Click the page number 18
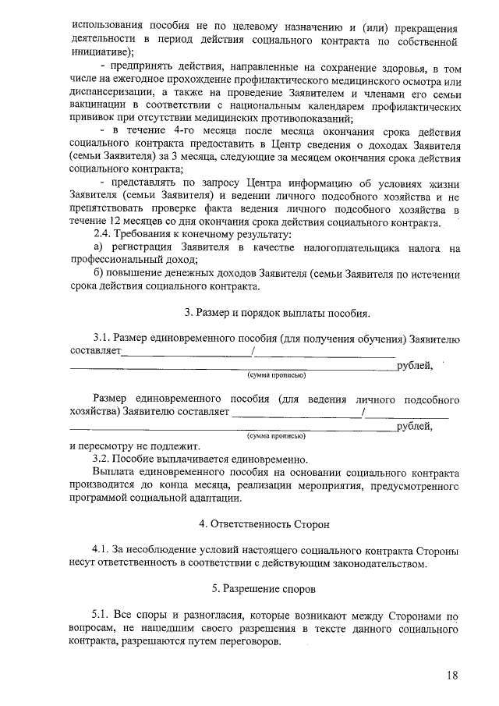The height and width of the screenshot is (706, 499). pyautogui.click(x=452, y=676)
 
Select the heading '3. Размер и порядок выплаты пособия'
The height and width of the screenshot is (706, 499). pyautogui.click(x=277, y=314)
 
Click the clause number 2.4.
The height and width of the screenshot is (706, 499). pyautogui.click(x=103, y=235)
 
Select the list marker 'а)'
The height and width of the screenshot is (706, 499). pyautogui.click(x=99, y=247)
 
